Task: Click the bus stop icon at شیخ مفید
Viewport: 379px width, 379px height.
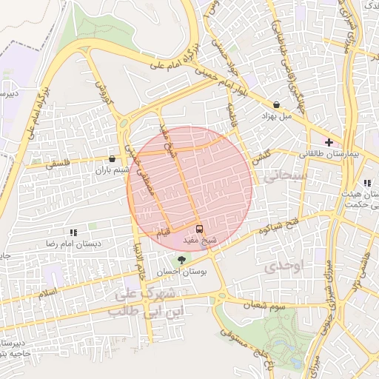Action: (199, 228)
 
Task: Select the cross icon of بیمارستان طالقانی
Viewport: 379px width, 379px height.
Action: (329, 141)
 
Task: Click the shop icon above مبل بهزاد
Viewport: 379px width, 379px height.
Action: (277, 105)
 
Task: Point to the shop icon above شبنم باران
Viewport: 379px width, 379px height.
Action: (112, 158)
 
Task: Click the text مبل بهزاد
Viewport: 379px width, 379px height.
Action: (281, 116)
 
